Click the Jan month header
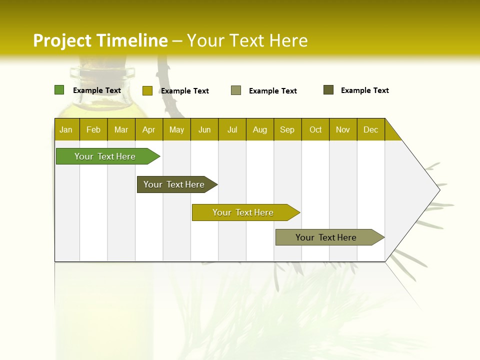coord(66,129)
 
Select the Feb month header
coord(93,129)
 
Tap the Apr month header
coord(149,129)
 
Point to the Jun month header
coord(204,129)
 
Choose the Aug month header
coord(260,129)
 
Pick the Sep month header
coord(287,129)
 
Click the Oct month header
coord(315,129)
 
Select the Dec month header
coord(371,129)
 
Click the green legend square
coord(59,90)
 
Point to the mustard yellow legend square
coord(147,90)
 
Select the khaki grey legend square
coord(236,90)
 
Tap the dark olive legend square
coord(328,90)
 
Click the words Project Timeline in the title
coord(100,40)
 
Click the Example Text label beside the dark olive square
coord(364,90)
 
